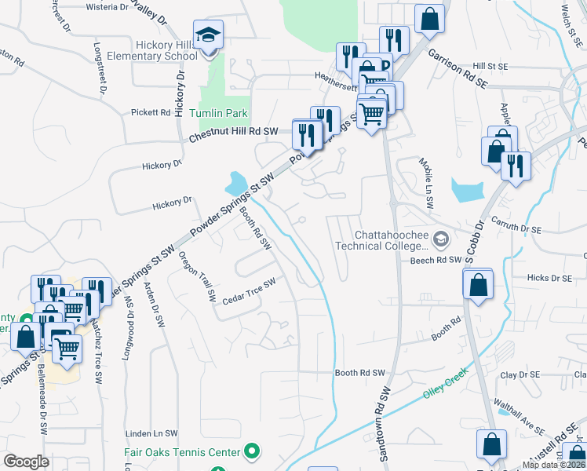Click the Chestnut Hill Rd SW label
click(234, 135)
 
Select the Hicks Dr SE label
click(549, 278)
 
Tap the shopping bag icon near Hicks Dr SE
click(478, 285)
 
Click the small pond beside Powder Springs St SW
click(235, 185)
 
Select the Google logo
click(26, 462)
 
